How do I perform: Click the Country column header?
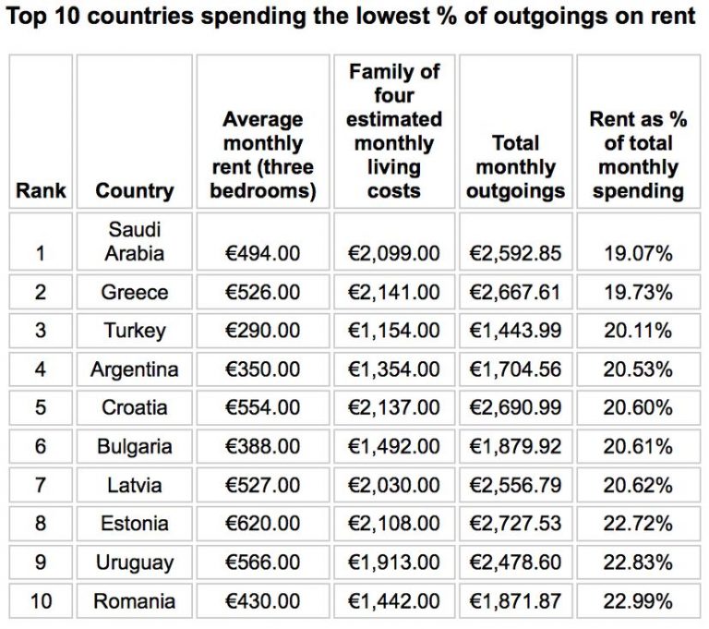134,191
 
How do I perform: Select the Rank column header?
41,191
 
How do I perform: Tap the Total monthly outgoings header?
515,167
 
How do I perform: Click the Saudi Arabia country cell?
134,240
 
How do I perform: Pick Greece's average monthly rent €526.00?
263,292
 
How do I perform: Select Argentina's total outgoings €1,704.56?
515,369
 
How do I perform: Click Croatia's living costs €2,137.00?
394,408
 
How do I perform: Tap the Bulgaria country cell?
134,447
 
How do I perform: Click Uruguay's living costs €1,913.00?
394,562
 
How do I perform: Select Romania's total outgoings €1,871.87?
515,601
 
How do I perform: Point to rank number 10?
41,601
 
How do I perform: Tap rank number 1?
41,253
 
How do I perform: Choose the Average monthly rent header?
263,155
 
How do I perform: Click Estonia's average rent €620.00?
263,524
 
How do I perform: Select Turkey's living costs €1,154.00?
394,331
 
